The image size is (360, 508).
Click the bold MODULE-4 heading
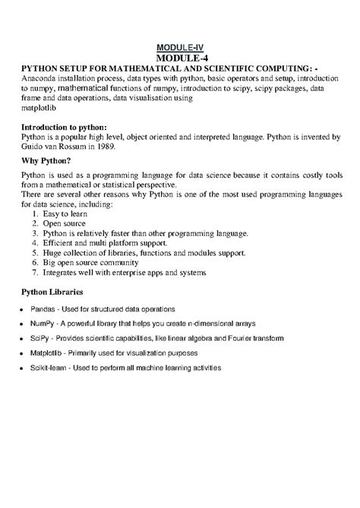point(180,58)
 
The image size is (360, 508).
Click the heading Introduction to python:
point(65,126)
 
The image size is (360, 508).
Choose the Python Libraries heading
point(52,292)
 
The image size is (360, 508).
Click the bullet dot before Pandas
point(23,311)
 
